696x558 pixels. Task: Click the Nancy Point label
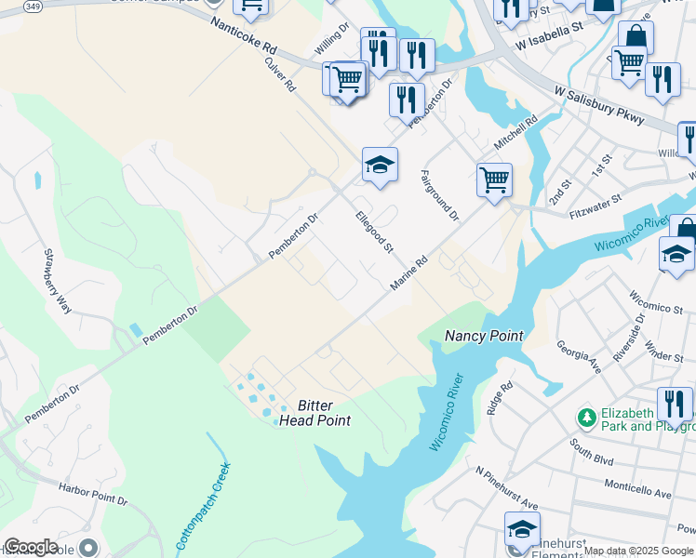483,336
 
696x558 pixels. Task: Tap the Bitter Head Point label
315,413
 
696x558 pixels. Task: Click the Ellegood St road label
376,232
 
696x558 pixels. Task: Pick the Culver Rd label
279,73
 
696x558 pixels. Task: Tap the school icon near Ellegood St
380,165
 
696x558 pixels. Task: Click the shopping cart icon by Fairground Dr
494,179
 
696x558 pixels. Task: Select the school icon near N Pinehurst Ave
522,528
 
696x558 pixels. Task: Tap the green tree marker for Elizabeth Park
586,414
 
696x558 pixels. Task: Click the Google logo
31,547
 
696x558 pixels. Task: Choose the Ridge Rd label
500,398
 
